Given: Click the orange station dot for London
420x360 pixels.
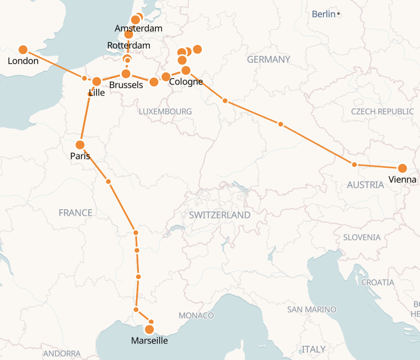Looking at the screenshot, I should click(x=23, y=49).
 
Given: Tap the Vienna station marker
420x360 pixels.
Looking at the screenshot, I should click(x=402, y=168).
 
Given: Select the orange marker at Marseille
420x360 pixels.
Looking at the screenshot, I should click(x=150, y=329).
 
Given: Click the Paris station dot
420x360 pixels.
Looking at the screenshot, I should click(x=80, y=145).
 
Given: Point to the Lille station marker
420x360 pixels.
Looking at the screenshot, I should click(x=97, y=82).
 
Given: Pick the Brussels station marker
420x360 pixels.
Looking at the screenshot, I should click(x=126, y=74).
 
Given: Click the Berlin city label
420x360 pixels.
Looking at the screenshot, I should click(x=323, y=14).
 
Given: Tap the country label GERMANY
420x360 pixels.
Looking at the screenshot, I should click(x=268, y=59).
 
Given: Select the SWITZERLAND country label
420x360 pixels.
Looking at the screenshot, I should click(x=219, y=215).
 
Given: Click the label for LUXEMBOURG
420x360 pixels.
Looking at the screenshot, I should click(x=165, y=112).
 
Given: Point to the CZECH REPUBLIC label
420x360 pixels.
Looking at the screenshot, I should click(x=382, y=112).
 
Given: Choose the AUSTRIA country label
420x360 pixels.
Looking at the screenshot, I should click(x=365, y=185).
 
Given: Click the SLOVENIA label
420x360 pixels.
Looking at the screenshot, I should click(x=362, y=237).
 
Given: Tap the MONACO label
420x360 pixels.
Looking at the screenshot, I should click(x=196, y=315).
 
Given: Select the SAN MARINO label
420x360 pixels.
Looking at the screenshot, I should click(x=312, y=310).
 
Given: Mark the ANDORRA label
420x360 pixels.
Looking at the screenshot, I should click(x=62, y=353).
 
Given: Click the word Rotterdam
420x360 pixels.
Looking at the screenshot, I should click(x=129, y=46).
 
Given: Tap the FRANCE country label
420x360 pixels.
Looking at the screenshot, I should click(x=75, y=213).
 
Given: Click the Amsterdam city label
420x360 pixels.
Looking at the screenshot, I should click(x=138, y=29).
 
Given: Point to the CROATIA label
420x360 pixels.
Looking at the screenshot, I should click(x=377, y=282).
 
